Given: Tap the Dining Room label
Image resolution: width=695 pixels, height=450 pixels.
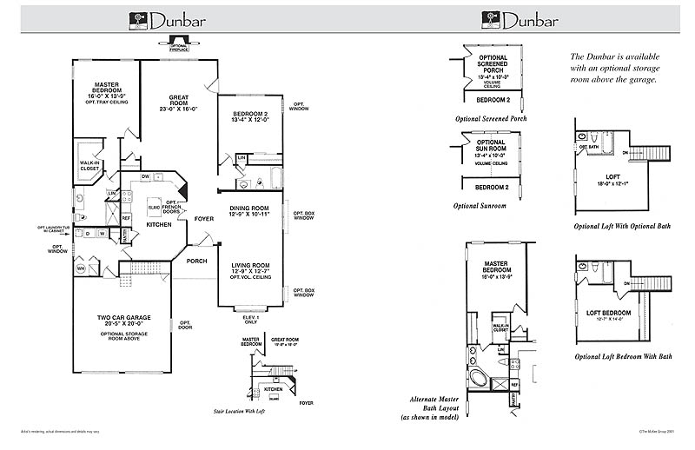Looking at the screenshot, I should coord(250,210).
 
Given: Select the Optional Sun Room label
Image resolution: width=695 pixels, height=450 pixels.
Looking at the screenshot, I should coord(491,148).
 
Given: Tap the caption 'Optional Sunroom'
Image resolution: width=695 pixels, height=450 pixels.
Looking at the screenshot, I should coord(480,206).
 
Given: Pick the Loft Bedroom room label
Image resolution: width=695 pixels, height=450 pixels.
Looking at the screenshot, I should coord(606,314).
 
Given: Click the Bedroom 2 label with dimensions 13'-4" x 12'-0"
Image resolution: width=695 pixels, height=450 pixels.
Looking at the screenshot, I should coord(251,117).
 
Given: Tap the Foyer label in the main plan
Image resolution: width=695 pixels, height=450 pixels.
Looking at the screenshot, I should coord(204,219).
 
